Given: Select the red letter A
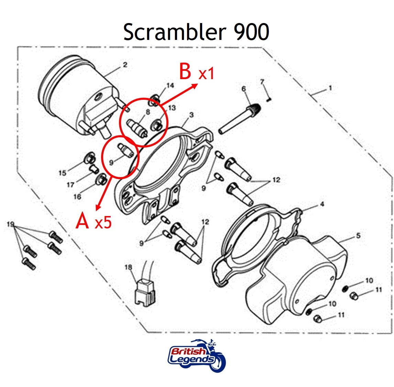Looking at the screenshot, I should [x=83, y=221].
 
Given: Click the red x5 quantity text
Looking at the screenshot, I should [x=103, y=223].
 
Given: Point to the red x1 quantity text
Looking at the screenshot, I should [x=206, y=74].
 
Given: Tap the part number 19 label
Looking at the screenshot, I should [x=10, y=225].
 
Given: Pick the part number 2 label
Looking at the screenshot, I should [x=125, y=65].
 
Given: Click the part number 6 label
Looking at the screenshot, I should [x=244, y=89].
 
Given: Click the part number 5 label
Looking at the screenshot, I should [x=358, y=236].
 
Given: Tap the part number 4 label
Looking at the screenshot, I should [x=322, y=204].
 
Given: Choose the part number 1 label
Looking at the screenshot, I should [x=330, y=88].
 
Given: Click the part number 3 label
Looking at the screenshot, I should [x=191, y=115].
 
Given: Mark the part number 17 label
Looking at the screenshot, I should [x=70, y=185].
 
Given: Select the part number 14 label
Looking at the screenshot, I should [x=170, y=86].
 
